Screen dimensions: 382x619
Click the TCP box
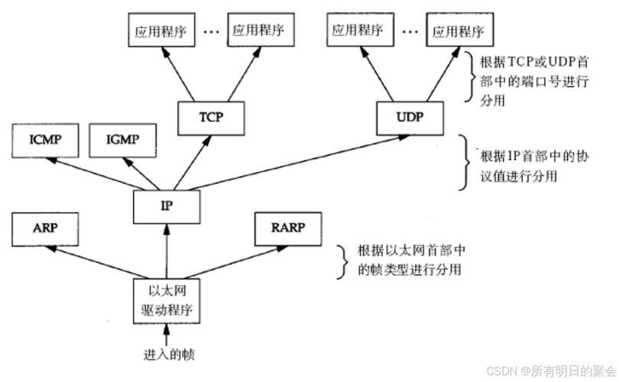(x=211, y=117)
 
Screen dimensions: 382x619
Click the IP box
(x=166, y=205)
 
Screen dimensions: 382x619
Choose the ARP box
(x=45, y=229)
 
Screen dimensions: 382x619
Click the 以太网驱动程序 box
(x=166, y=300)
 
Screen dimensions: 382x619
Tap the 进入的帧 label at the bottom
(x=167, y=355)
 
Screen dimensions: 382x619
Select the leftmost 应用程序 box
(x=160, y=31)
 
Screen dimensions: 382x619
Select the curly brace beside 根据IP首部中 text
(x=465, y=163)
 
